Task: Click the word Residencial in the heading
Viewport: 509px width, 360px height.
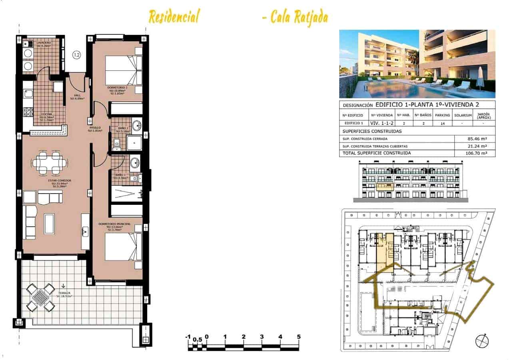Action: (174, 17)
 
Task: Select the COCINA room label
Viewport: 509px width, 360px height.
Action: (45, 114)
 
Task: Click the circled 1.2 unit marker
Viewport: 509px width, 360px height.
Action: (76, 54)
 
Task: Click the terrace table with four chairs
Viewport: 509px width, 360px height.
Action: (40, 297)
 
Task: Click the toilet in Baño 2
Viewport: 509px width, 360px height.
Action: (117, 142)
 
